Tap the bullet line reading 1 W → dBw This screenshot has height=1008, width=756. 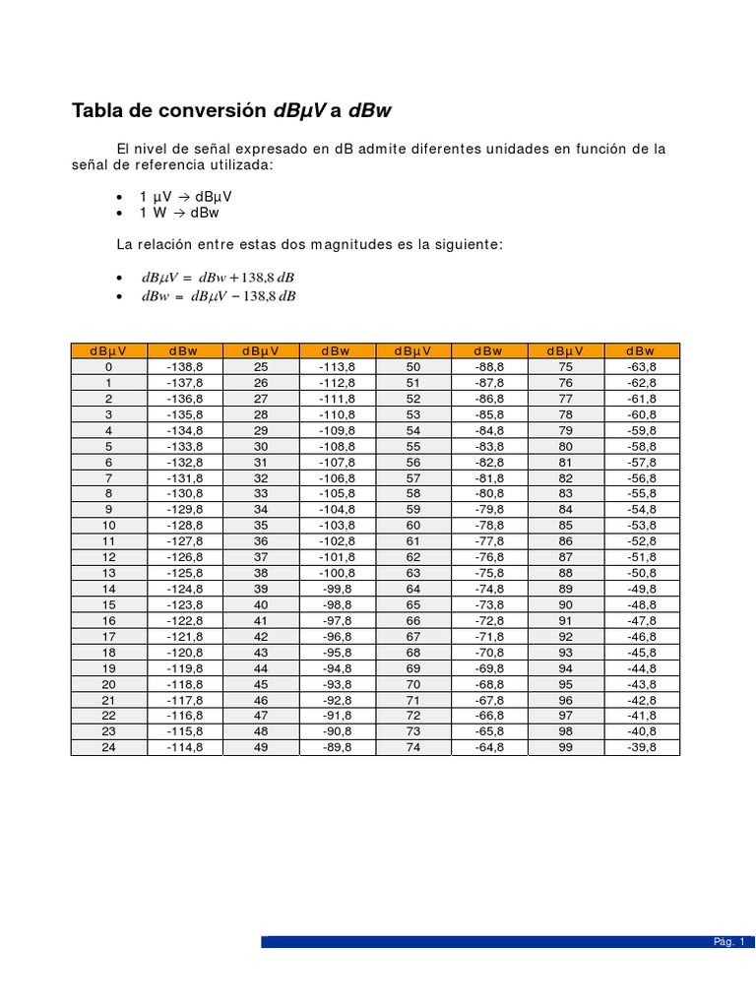[x=179, y=213]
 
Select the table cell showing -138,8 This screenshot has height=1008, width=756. [x=184, y=367]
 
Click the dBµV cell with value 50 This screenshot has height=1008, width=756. [x=413, y=367]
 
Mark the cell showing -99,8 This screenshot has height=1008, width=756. [x=337, y=589]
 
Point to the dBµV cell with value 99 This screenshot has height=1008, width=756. [x=566, y=747]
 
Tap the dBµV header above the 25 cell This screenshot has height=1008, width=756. [x=261, y=350]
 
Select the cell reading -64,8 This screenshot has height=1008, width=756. [x=489, y=747]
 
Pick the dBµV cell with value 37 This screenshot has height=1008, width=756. [x=261, y=557]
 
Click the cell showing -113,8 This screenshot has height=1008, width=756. [x=337, y=367]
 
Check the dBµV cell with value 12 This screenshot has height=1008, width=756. [x=109, y=557]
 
